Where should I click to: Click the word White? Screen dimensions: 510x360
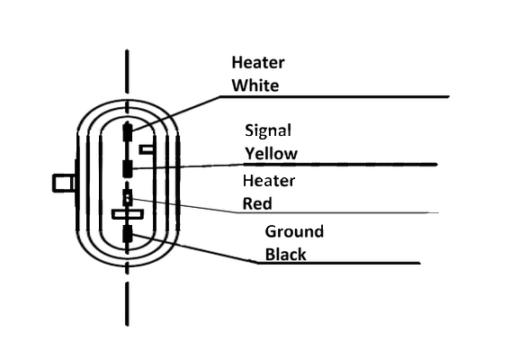(x=255, y=85)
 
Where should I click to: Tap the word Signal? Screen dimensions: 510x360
(x=268, y=130)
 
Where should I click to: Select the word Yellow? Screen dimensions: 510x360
(x=272, y=154)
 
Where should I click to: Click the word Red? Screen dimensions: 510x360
(x=257, y=203)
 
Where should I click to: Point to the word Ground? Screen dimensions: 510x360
(x=294, y=232)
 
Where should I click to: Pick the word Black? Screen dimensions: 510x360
(x=285, y=254)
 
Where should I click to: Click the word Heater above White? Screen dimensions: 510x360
(x=258, y=62)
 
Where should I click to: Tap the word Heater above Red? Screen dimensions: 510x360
(x=269, y=181)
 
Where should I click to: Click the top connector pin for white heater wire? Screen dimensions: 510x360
(x=127, y=131)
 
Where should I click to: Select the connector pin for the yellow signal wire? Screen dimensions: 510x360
(x=127, y=168)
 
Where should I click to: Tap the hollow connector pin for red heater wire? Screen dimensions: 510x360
(x=127, y=198)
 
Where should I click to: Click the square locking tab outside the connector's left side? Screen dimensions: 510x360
(x=64, y=183)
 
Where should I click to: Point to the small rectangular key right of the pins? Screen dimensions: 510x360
(x=147, y=149)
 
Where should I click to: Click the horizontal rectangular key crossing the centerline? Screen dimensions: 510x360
(x=128, y=214)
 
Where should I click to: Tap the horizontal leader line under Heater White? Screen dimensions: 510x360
(x=335, y=96)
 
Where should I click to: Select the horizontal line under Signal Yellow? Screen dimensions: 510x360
(x=340, y=165)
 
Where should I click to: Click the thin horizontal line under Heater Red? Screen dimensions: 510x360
(x=337, y=212)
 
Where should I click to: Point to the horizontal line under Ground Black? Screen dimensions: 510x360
(x=338, y=263)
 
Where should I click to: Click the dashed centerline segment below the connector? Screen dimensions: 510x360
(x=127, y=303)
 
